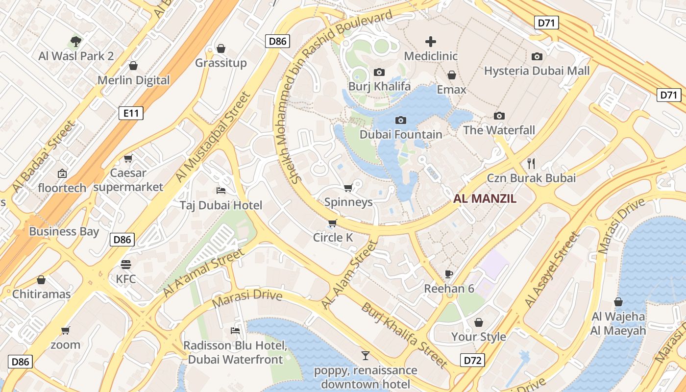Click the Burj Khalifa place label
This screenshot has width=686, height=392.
(x=379, y=87)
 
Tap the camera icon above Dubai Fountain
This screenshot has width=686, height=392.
(x=400, y=120)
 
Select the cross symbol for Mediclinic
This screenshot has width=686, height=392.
(x=431, y=42)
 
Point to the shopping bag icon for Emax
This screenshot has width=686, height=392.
(x=451, y=75)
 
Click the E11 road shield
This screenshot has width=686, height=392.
(x=131, y=114)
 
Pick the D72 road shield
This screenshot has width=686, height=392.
(x=472, y=361)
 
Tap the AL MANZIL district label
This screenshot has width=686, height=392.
(x=485, y=199)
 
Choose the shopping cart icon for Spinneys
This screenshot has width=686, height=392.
(x=348, y=188)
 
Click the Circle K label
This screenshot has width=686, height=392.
(x=333, y=238)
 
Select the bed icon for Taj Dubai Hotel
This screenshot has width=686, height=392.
(x=221, y=190)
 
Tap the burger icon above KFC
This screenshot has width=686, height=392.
(x=126, y=265)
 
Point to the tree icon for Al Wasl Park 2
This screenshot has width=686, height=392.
(x=75, y=41)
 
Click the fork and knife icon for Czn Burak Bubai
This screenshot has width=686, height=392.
(x=531, y=163)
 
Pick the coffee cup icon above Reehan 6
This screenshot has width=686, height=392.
(x=449, y=274)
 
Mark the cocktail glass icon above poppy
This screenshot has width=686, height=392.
(x=365, y=355)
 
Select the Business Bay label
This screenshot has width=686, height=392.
(x=64, y=231)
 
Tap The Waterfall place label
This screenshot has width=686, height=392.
(x=499, y=130)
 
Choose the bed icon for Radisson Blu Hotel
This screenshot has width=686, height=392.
(x=235, y=331)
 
